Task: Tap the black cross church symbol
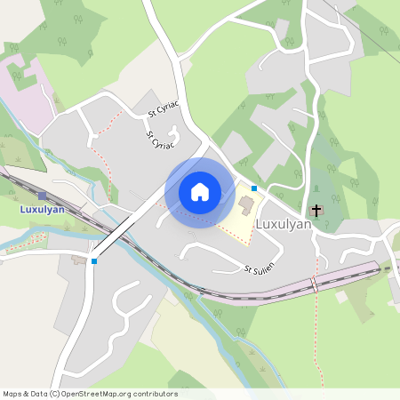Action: (x=316, y=211)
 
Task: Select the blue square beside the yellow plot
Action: (x=254, y=188)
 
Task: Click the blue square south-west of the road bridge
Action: (x=94, y=260)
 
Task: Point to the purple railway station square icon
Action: (x=42, y=195)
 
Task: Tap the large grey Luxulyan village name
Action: (x=284, y=225)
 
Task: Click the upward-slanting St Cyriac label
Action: (x=164, y=109)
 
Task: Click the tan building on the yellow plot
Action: (x=245, y=205)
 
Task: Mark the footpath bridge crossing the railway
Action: (x=313, y=284)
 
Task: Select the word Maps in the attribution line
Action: (x=13, y=394)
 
